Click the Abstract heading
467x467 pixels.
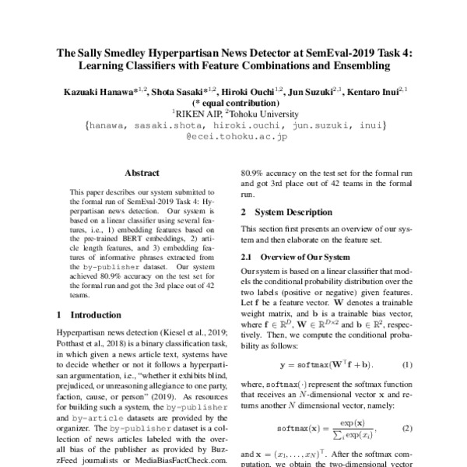tap(142, 173)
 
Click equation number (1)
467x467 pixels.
tap(406, 364)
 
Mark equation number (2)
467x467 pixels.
tap(406, 428)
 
